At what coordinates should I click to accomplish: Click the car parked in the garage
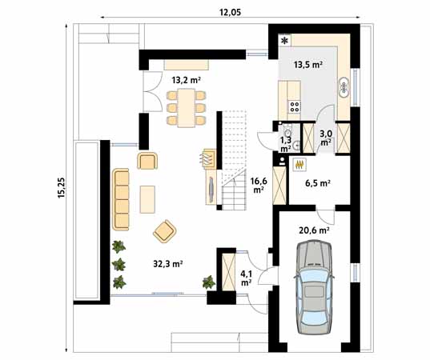tap(315, 288)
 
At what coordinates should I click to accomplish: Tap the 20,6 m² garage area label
tap(315, 230)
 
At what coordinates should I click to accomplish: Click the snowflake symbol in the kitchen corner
tap(283, 39)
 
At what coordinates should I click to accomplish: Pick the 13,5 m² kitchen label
tap(308, 65)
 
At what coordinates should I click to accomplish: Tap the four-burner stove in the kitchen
tap(294, 103)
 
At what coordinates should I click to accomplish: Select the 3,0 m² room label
tap(325, 138)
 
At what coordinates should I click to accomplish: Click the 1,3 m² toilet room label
tap(285, 143)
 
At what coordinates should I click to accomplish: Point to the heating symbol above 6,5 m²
tap(299, 164)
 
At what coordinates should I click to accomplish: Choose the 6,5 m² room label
tap(318, 182)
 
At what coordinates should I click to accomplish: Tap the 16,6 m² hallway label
tap(258, 186)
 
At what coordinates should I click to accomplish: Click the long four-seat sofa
tap(122, 198)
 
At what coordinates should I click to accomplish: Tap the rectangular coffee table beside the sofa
tap(147, 198)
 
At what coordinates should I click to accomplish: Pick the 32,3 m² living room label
tap(168, 262)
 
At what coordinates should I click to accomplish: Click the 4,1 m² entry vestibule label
tap(246, 278)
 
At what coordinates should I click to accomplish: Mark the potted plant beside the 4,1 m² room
tap(209, 281)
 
